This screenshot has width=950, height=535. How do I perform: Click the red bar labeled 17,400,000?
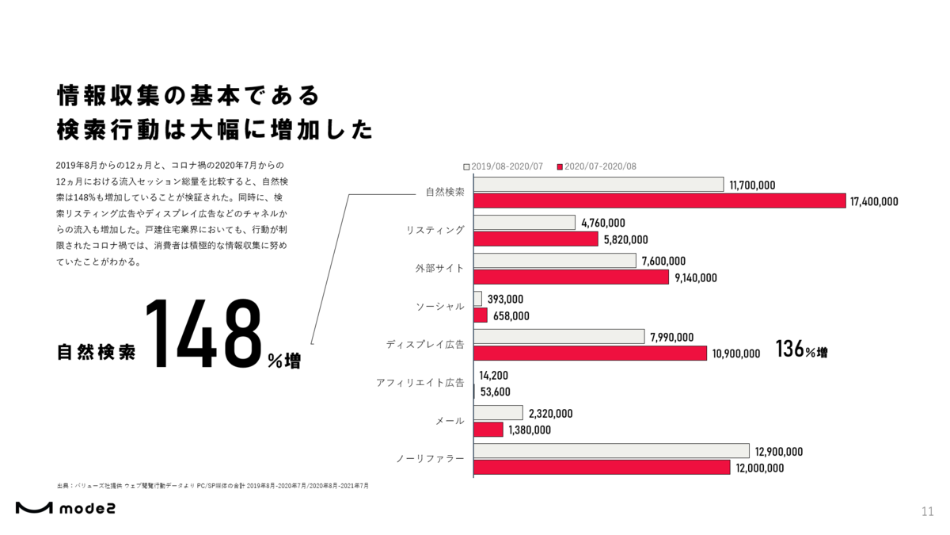pyautogui.click(x=659, y=201)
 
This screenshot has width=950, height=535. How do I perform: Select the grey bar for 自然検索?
pyautogui.click(x=598, y=185)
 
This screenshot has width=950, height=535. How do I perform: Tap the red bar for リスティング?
pyautogui.click(x=536, y=239)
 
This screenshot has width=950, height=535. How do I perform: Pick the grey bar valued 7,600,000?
pyautogui.click(x=555, y=261)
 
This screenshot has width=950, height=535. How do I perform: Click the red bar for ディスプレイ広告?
pyautogui.click(x=590, y=353)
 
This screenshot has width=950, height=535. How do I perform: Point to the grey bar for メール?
pyautogui.click(x=499, y=413)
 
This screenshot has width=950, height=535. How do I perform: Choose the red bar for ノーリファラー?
pyautogui.click(x=602, y=468)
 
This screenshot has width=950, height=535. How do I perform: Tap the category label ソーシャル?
pyautogui.click(x=440, y=307)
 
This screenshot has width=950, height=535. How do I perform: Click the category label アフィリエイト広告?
pyautogui.click(x=420, y=383)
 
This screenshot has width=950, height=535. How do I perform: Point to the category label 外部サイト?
pyautogui.click(x=439, y=269)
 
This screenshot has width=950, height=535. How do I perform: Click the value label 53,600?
pyautogui.click(x=496, y=392)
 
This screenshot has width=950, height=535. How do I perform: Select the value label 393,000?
pyautogui.click(x=506, y=300)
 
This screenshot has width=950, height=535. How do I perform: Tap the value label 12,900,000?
pyautogui.click(x=779, y=452)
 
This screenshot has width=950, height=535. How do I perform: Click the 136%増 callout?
pyautogui.click(x=802, y=350)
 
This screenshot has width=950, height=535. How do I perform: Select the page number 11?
pyautogui.click(x=928, y=510)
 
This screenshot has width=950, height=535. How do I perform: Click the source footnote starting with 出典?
pyautogui.click(x=213, y=485)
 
